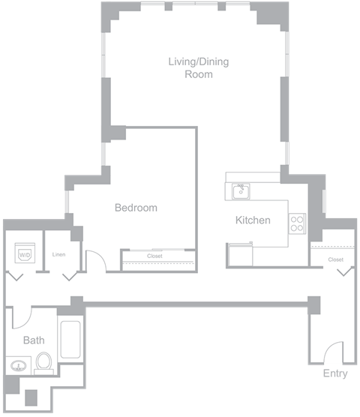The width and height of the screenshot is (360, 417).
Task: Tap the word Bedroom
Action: (x=136, y=208)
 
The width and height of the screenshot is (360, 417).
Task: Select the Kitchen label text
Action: (x=253, y=220)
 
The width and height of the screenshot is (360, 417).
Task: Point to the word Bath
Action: (x=34, y=340)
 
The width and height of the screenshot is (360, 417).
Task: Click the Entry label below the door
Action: (x=335, y=373)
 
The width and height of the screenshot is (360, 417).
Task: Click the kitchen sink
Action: (x=240, y=191)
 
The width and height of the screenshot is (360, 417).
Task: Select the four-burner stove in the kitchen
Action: (x=297, y=223)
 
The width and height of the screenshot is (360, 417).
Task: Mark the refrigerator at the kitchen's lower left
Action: (x=240, y=255)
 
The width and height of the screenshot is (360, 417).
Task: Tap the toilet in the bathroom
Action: (x=43, y=362)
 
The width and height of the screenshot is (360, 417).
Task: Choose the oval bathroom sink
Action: (x=18, y=367)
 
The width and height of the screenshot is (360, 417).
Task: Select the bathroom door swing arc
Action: (x=21, y=316)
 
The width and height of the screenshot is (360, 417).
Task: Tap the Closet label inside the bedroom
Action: (x=154, y=256)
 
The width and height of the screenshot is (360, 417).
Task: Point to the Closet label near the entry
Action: (x=335, y=259)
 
